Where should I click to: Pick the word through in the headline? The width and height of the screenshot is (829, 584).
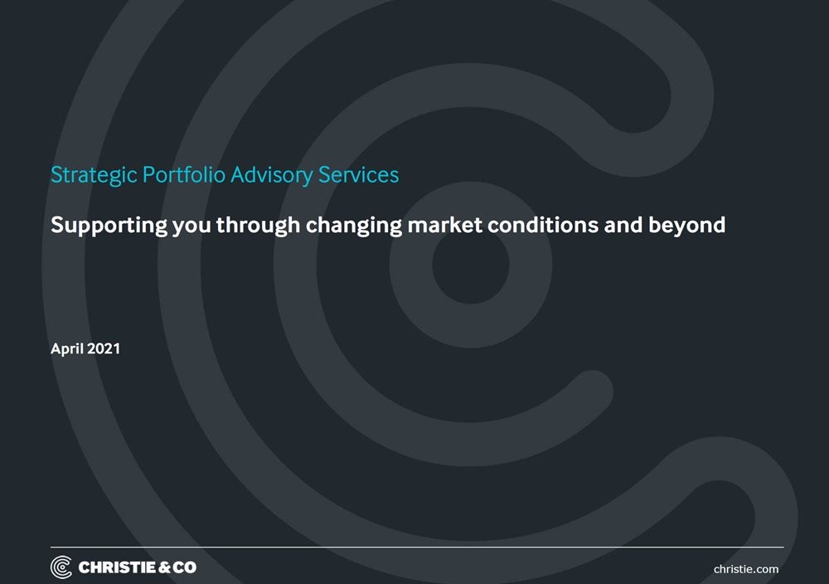(x=259, y=225)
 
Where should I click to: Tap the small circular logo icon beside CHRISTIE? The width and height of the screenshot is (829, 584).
(x=61, y=567)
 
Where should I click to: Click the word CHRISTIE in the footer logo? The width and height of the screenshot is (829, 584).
(x=116, y=567)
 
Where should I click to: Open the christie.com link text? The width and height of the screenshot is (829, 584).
(x=746, y=569)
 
